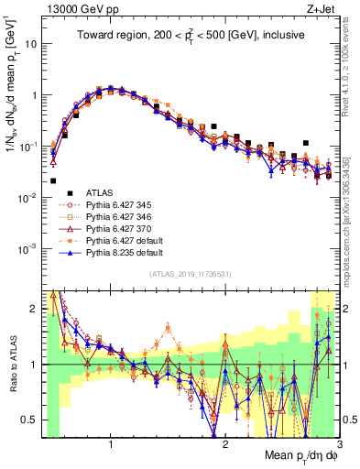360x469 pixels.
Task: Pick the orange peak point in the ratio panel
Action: [x=168, y=326]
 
